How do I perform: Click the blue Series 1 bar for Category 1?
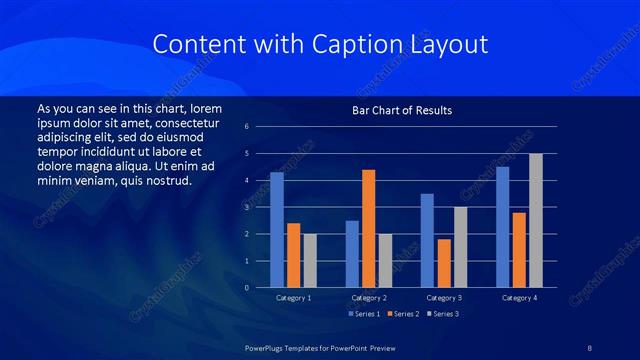click(x=277, y=230)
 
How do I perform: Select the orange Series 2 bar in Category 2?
click(x=369, y=229)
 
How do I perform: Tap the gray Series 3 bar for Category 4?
click(x=536, y=221)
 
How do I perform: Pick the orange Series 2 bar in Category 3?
click(x=444, y=263)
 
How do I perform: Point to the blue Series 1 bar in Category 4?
click(x=503, y=227)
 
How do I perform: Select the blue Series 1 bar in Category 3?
click(x=427, y=241)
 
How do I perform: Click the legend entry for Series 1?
click(x=365, y=314)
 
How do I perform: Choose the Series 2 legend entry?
click(x=402, y=314)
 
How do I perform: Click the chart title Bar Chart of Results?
click(x=402, y=109)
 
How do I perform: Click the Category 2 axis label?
click(x=369, y=298)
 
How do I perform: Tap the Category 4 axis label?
click(x=519, y=298)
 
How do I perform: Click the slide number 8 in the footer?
click(x=589, y=346)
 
